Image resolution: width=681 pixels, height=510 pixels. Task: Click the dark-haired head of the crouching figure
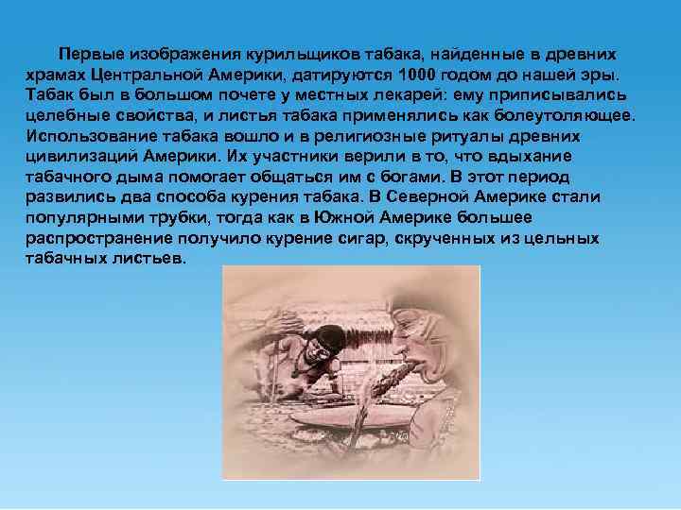(327, 339)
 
